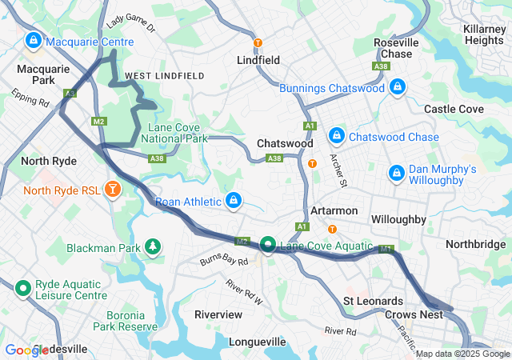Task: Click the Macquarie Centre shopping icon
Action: [33, 40]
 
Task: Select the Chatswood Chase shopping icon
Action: [337, 137]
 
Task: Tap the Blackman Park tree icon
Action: [152, 247]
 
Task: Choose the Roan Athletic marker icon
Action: [234, 200]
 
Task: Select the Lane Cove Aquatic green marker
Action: [267, 246]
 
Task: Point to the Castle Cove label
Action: [454, 108]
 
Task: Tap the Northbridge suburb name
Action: [475, 244]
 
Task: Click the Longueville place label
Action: [258, 342]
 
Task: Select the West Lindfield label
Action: [164, 75]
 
